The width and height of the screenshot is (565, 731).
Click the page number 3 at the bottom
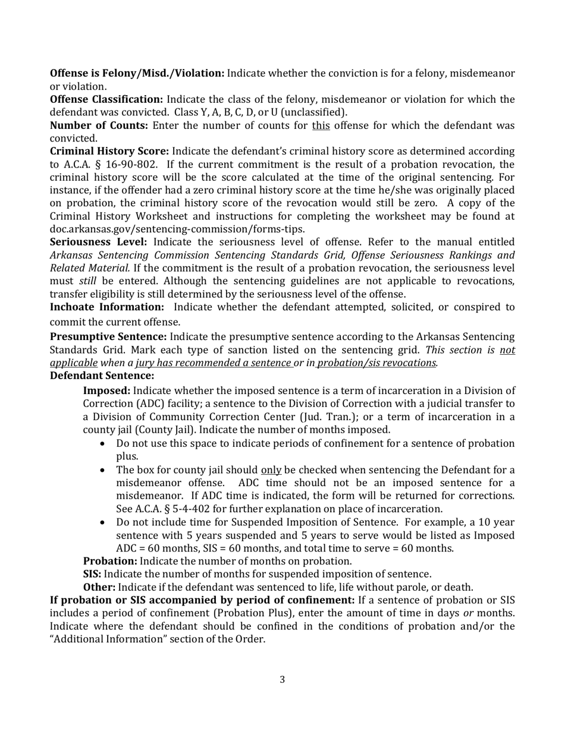282,679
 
